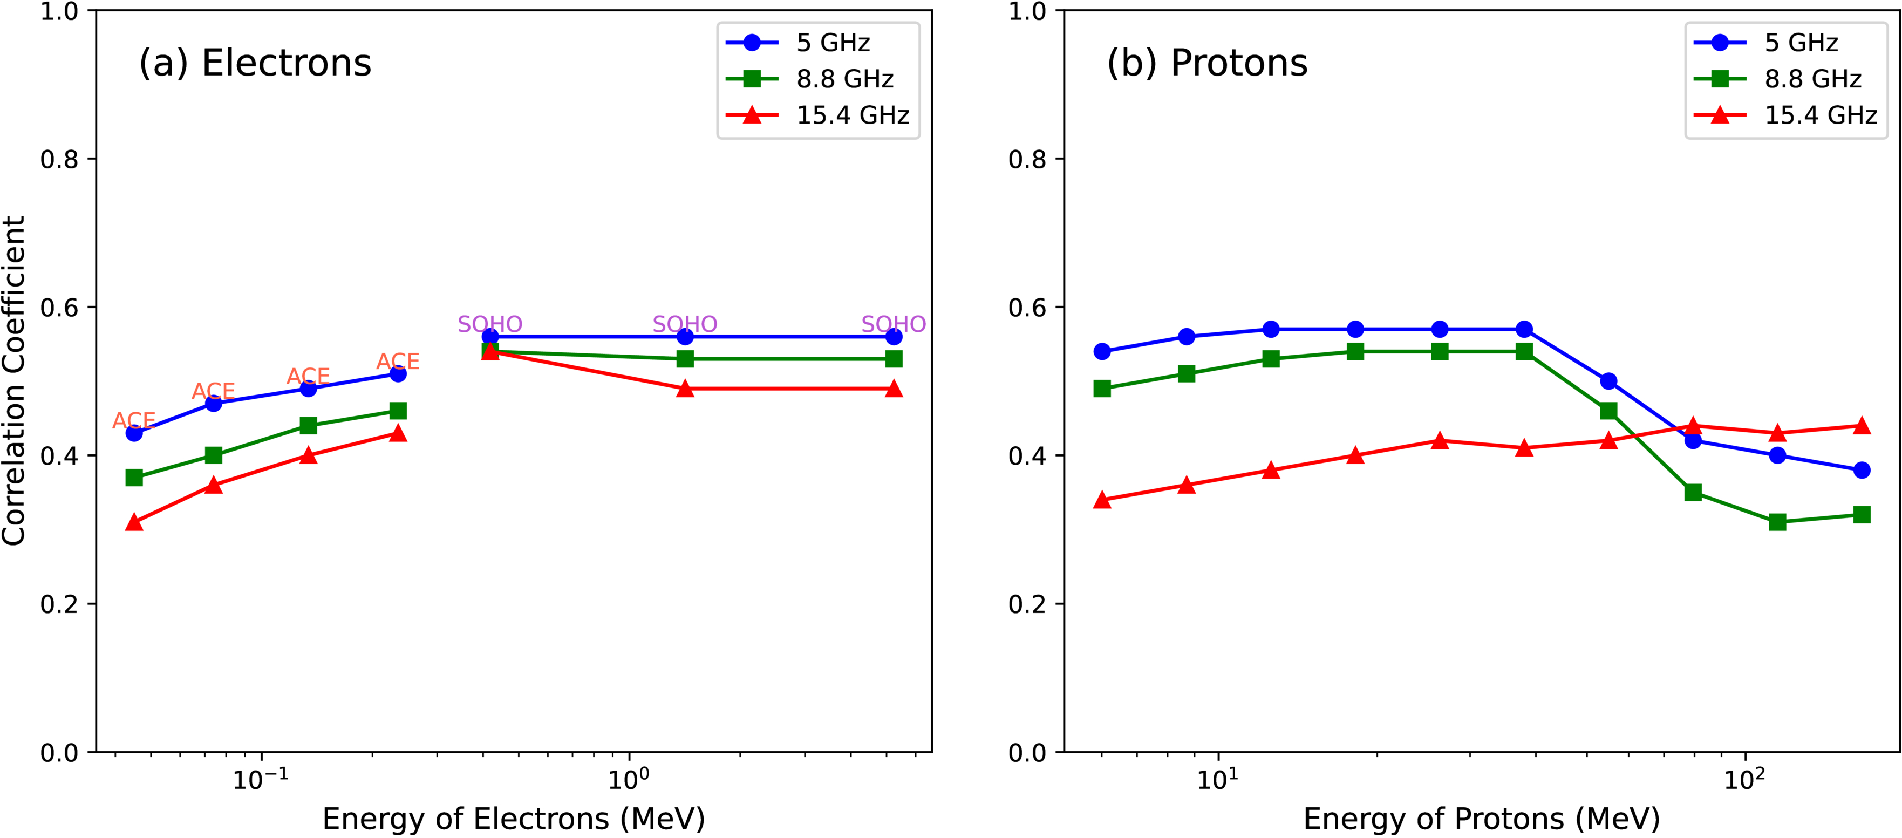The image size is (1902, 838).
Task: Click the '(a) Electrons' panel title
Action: pyautogui.click(x=255, y=63)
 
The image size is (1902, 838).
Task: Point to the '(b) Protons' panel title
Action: pyautogui.click(x=1206, y=63)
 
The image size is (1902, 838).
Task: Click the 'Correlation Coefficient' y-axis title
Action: pyautogui.click(x=15, y=381)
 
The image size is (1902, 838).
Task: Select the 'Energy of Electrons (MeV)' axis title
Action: pyautogui.click(x=514, y=818)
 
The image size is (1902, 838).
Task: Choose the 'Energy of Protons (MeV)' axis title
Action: pyautogui.click(x=1481, y=818)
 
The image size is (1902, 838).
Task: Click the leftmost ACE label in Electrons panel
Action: pyautogui.click(x=134, y=421)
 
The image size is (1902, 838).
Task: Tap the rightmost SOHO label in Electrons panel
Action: pyautogui.click(x=894, y=324)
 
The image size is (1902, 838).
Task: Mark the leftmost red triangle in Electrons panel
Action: pyautogui.click(x=134, y=522)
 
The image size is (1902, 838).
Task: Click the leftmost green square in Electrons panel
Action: pyautogui.click(x=134, y=478)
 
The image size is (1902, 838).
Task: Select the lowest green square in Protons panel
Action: pyautogui.click(x=1777, y=522)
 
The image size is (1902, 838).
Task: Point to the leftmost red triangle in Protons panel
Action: pyautogui.click(x=1102, y=500)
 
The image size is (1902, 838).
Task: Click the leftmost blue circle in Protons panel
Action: pyautogui.click(x=1102, y=351)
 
